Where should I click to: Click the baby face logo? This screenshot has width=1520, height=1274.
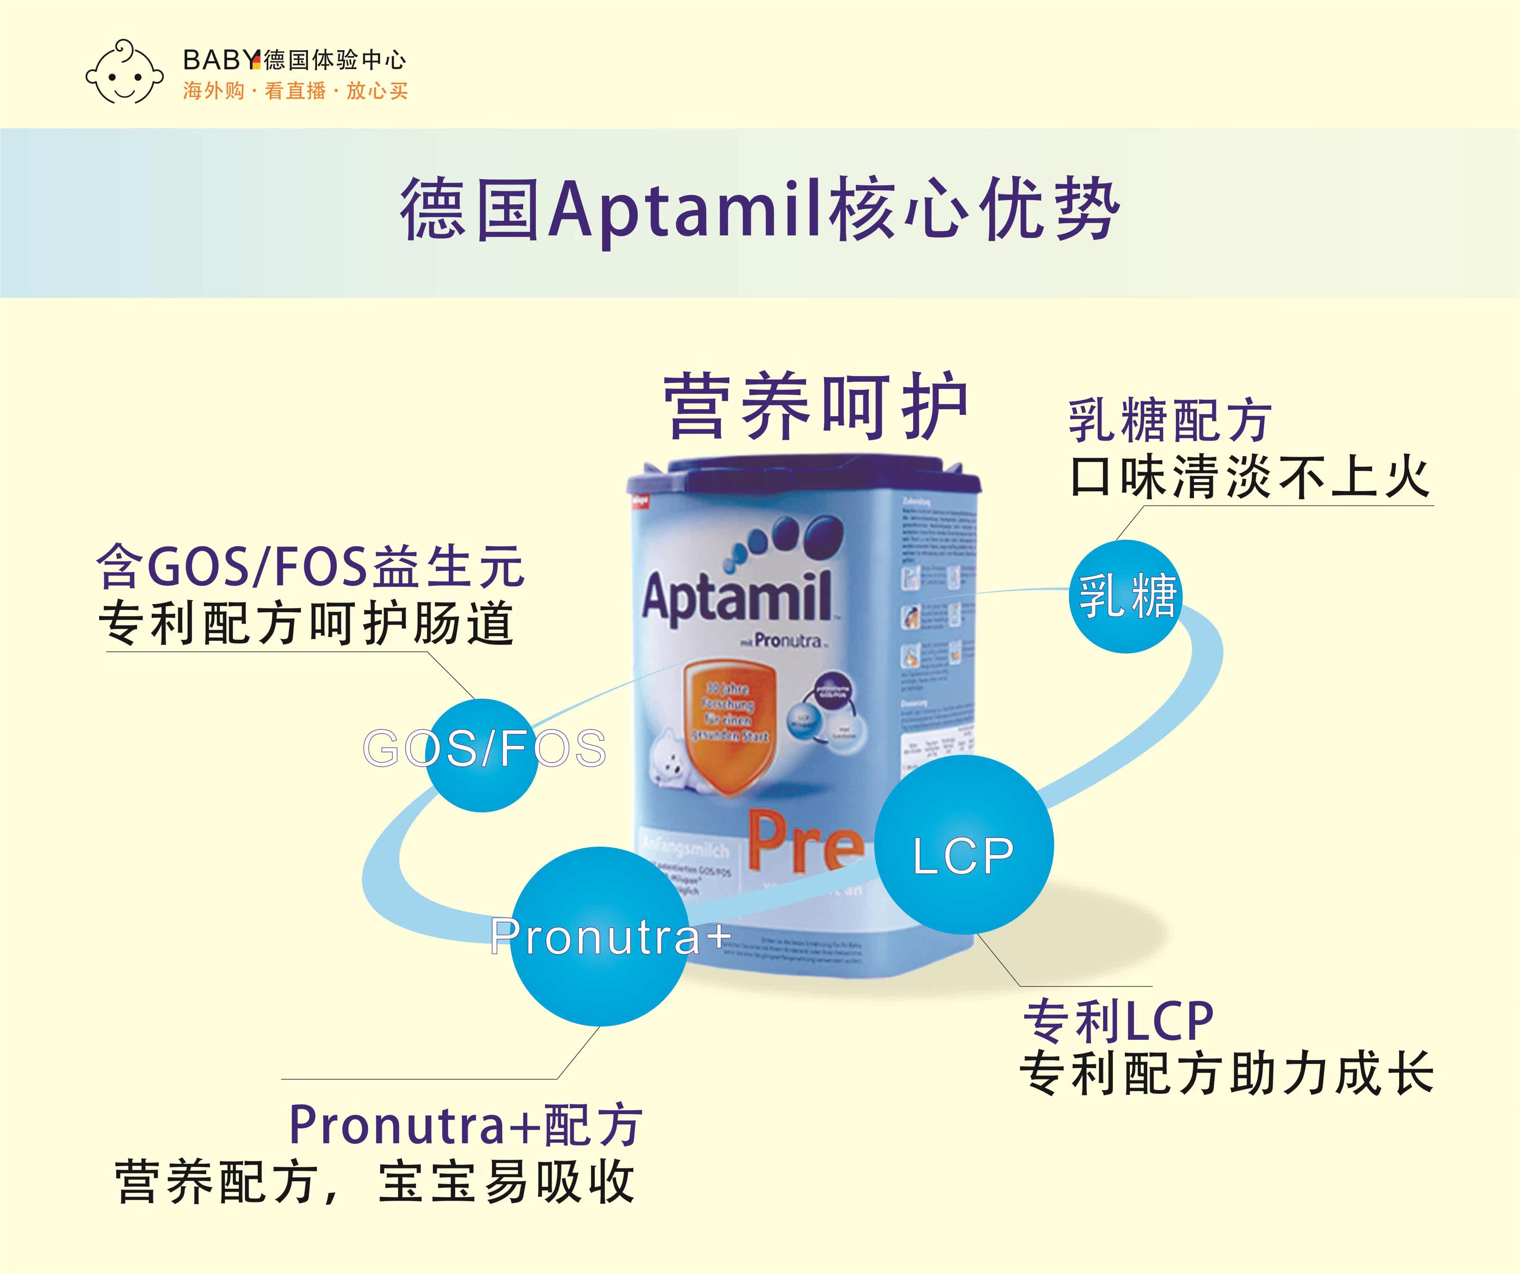pyautogui.click(x=123, y=72)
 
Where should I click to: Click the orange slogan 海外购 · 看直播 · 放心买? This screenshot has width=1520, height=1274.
pyautogui.click(x=295, y=91)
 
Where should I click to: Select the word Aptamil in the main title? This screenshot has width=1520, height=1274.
pyautogui.click(x=686, y=210)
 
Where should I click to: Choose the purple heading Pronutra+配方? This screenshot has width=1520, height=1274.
pyautogui.click(x=465, y=1126)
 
